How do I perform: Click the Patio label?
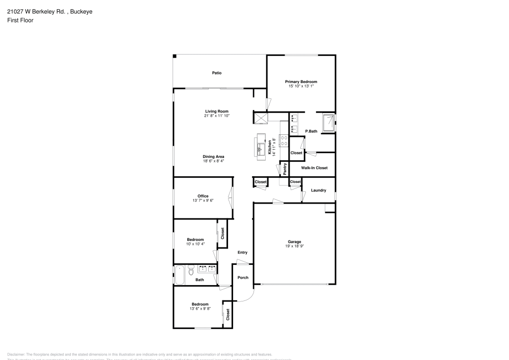coord(217,73)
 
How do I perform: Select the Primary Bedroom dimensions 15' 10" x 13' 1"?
coord(301,86)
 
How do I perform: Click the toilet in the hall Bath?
coord(190,269)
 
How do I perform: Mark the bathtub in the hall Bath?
coord(179,274)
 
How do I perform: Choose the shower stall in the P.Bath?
coord(329,123)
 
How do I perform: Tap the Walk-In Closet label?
coord(314,168)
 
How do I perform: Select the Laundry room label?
coord(318,190)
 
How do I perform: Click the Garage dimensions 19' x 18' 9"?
coord(294,246)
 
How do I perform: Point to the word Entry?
coord(242,253)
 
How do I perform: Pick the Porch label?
coord(243,278)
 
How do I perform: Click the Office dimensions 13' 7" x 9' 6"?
coord(203,201)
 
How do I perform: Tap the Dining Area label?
coord(213,156)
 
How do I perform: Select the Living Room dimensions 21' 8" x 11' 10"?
coord(216,116)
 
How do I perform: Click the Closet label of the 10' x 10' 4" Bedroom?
coord(222,233)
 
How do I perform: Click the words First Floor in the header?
coord(20,20)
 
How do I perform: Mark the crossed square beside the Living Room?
coord(261,118)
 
